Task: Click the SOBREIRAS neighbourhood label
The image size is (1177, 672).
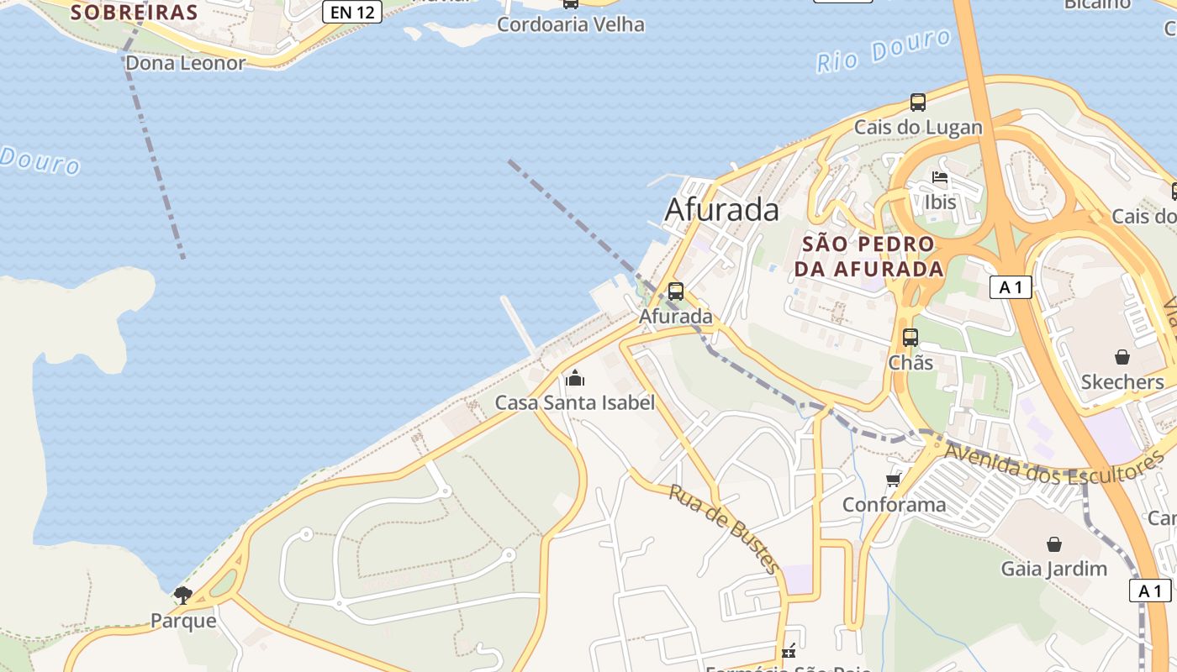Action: pyautogui.click(x=134, y=13)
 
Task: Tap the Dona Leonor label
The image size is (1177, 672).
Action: pyautogui.click(x=185, y=63)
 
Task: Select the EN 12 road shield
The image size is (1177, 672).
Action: pyautogui.click(x=352, y=11)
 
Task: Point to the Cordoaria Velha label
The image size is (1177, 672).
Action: pyautogui.click(x=571, y=24)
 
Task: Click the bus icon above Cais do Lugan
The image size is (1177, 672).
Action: pyautogui.click(x=918, y=102)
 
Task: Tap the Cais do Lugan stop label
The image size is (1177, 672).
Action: pyautogui.click(x=918, y=128)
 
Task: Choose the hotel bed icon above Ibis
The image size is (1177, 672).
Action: pyautogui.click(x=940, y=177)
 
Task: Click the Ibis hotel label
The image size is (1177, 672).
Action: pyautogui.click(x=940, y=202)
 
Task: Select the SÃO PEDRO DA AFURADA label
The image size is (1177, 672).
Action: pyautogui.click(x=868, y=256)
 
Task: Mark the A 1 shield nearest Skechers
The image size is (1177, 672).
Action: pyautogui.click(x=1011, y=287)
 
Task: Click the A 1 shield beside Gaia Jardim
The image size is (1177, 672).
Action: pyautogui.click(x=1149, y=591)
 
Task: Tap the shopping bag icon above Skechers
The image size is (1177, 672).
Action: pyautogui.click(x=1122, y=357)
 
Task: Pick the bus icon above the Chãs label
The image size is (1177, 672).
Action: pyautogui.click(x=910, y=338)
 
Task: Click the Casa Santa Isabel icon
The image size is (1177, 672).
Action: pyautogui.click(x=575, y=378)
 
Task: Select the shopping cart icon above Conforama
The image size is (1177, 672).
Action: pyautogui.click(x=894, y=480)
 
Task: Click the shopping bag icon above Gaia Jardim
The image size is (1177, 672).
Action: pyautogui.click(x=1054, y=544)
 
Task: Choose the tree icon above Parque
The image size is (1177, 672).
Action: pyautogui.click(x=182, y=596)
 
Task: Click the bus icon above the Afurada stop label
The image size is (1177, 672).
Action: pyautogui.click(x=676, y=291)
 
